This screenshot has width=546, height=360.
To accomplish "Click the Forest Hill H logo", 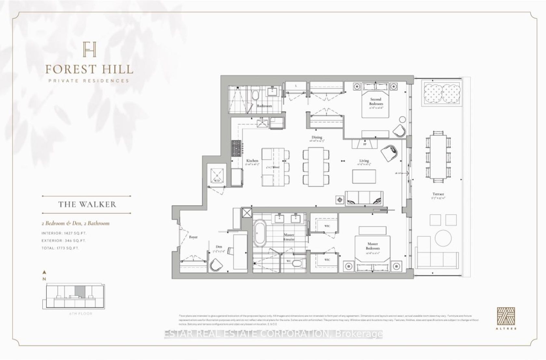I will click(89, 49).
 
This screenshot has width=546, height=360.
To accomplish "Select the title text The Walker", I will click(87, 205).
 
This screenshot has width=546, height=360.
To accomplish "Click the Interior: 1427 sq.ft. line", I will click(64, 233).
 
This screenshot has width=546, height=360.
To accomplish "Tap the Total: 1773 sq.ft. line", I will click(60, 248).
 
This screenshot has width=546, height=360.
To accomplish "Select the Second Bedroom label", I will click(375, 101).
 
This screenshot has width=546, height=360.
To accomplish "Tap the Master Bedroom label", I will click(372, 246).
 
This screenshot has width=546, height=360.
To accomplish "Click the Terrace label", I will click(438, 194).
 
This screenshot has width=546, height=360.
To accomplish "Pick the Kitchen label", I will click(252, 161).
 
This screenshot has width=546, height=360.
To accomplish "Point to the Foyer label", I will click(193, 237).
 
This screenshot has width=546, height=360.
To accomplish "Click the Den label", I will click(219, 247).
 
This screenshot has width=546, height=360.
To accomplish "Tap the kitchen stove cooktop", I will click(236, 149).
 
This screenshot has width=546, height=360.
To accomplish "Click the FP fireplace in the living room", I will click(365, 144).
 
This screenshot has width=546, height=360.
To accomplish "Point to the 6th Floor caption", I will click(81, 314).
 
